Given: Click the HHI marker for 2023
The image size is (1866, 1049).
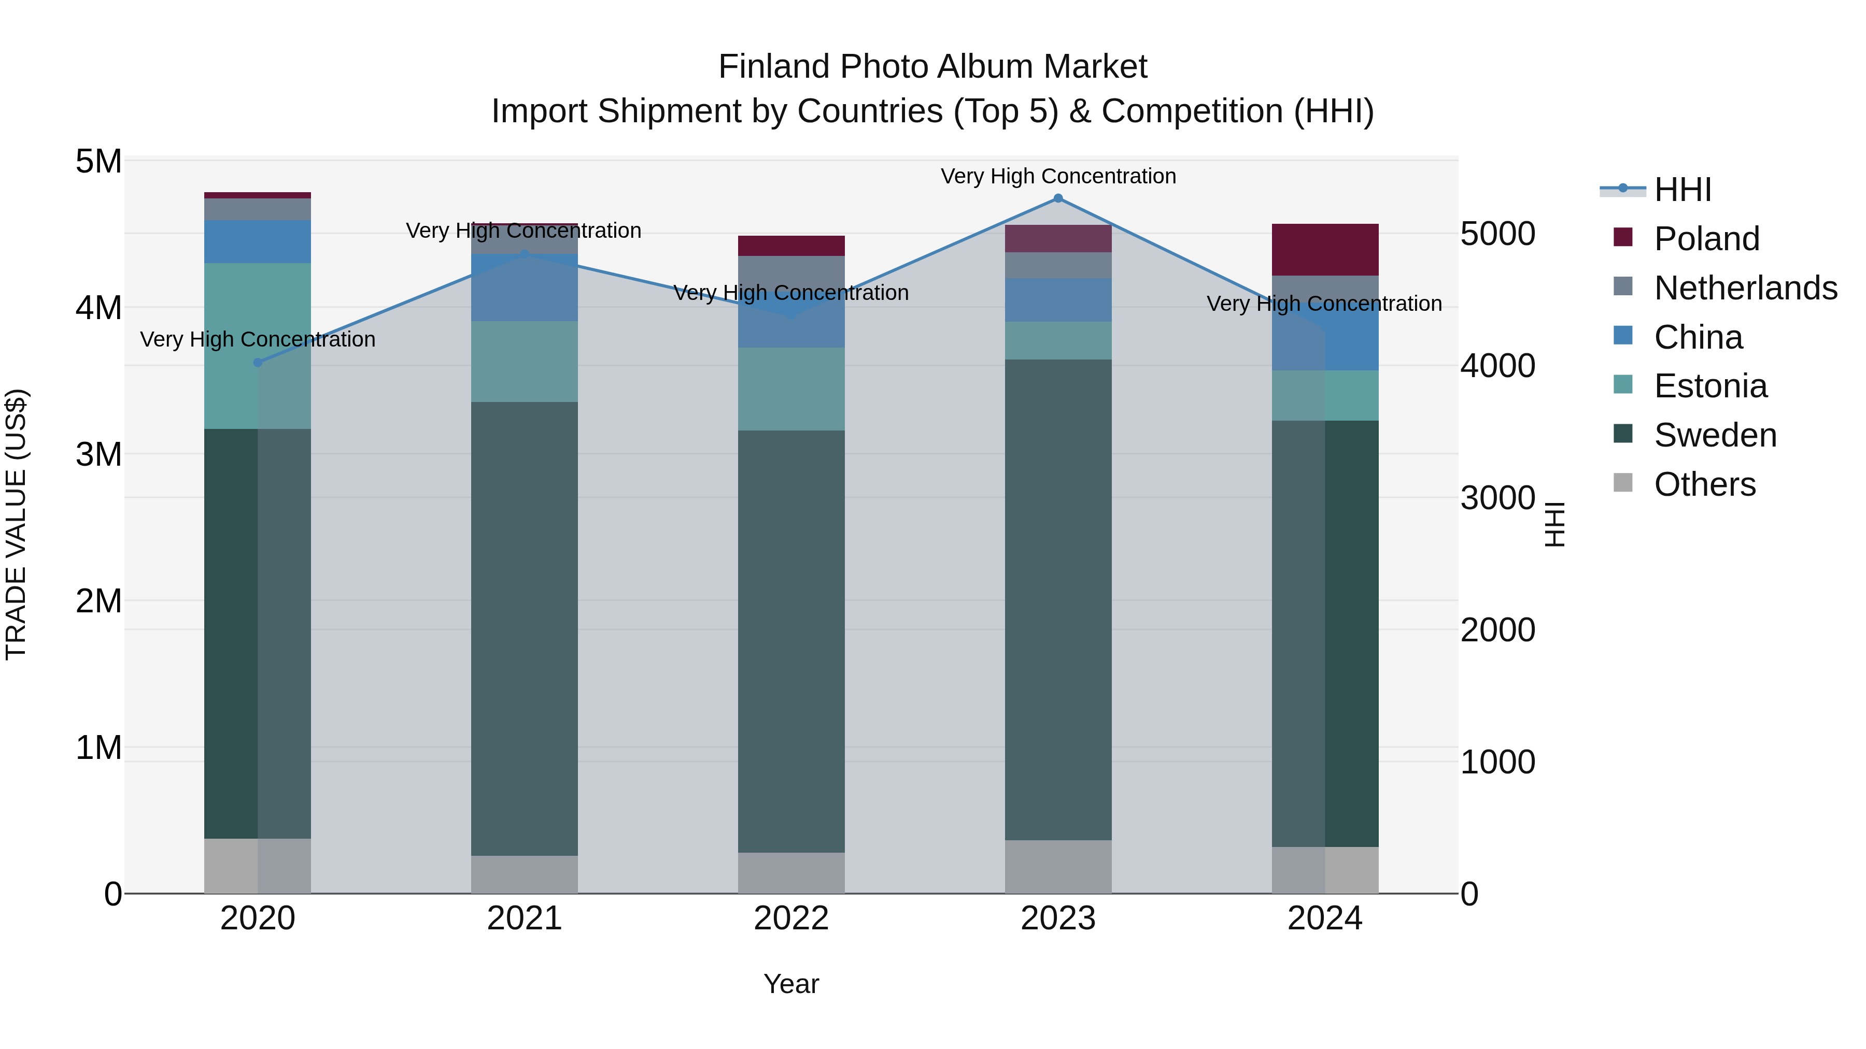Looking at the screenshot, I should pyautogui.click(x=1057, y=198).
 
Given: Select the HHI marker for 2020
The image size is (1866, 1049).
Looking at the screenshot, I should pyautogui.click(x=258, y=363).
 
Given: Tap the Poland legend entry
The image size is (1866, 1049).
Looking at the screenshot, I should pyautogui.click(x=1706, y=239).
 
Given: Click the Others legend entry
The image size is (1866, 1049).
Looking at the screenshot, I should pyautogui.click(x=1704, y=484).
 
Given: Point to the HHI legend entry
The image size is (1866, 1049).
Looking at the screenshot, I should pyautogui.click(x=1682, y=190).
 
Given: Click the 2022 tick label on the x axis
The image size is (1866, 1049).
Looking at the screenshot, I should pyautogui.click(x=791, y=918).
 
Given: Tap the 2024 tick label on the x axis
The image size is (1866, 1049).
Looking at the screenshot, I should pyautogui.click(x=1325, y=918).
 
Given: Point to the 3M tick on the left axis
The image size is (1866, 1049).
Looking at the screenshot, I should pyautogui.click(x=98, y=455).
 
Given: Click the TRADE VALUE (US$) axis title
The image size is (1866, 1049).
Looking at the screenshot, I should pyautogui.click(x=16, y=525).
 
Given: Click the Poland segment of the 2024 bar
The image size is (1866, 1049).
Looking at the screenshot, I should pyautogui.click(x=1325, y=250).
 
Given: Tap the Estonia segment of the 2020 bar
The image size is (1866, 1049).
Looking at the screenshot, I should pyautogui.click(x=258, y=346).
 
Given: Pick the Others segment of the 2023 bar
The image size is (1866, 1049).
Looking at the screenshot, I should pyautogui.click(x=1057, y=867).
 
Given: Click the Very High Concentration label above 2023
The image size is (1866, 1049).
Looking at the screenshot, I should pyautogui.click(x=1057, y=177).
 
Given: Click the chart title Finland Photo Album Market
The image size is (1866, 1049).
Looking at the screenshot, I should pyautogui.click(x=932, y=67).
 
